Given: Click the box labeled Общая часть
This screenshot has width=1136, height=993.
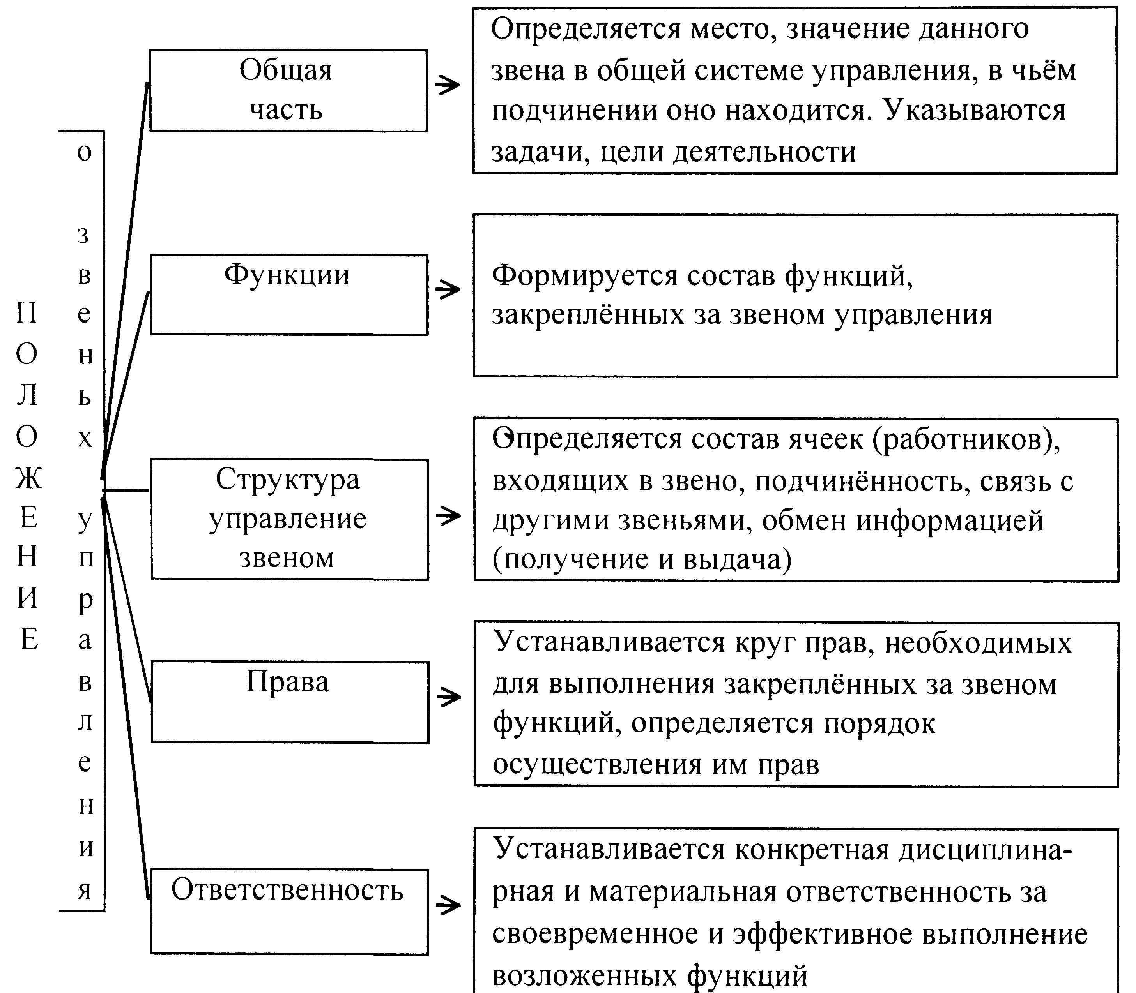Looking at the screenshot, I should [288, 90].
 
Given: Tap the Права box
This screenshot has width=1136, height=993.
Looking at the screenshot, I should [289, 702].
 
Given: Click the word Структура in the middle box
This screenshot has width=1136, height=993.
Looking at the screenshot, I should [288, 480].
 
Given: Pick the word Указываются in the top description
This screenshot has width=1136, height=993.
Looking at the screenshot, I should [974, 110].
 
